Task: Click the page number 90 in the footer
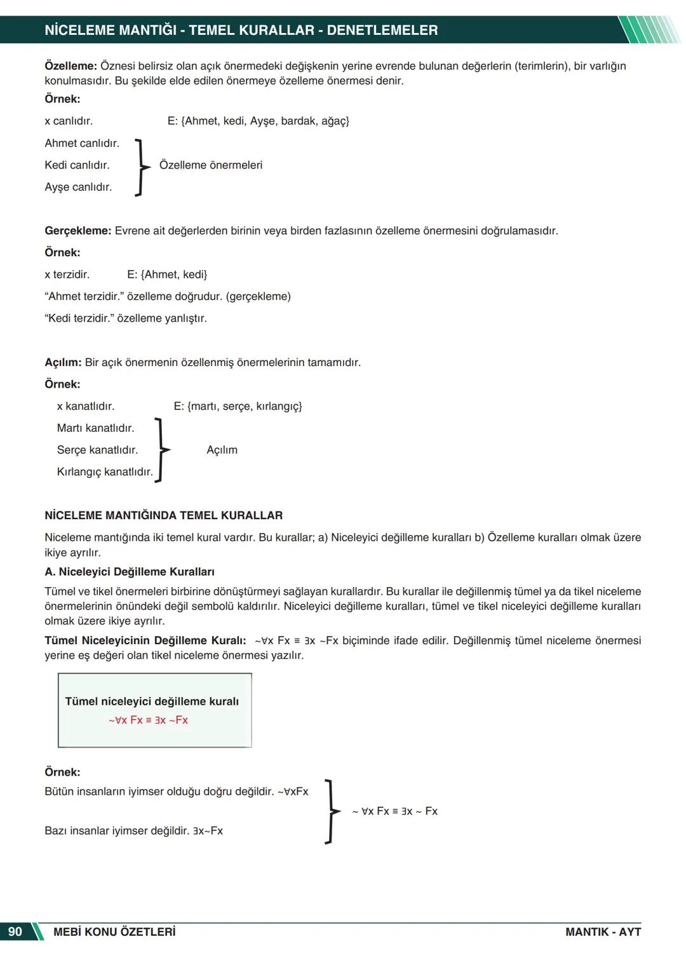[x=15, y=931]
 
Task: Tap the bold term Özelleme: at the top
[x=71, y=66]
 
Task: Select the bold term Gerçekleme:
[x=77, y=231]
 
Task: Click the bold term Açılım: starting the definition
[x=63, y=363]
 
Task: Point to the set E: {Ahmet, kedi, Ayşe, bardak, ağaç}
[x=258, y=121]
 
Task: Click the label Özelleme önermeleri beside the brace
[x=210, y=165]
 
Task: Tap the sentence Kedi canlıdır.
[x=77, y=165]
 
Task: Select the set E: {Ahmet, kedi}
[x=167, y=274]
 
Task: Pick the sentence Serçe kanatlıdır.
[x=97, y=450]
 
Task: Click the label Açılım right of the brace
[x=222, y=450]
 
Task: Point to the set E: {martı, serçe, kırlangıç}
[x=238, y=406]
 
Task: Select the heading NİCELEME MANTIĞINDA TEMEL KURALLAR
[x=163, y=515]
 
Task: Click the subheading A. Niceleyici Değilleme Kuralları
[x=130, y=572]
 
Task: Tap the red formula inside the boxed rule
[x=148, y=720]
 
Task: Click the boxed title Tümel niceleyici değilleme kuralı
[x=152, y=701]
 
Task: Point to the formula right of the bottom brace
[x=394, y=811]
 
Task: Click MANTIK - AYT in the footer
[x=603, y=932]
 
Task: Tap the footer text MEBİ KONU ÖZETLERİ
[x=114, y=932]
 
